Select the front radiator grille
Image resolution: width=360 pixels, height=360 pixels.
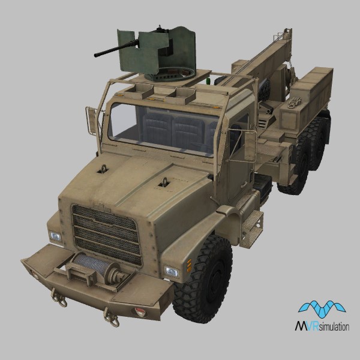coord(107,234)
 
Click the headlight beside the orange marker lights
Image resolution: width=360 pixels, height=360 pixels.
coord(172,272)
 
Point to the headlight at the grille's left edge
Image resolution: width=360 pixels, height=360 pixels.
coord(55,236)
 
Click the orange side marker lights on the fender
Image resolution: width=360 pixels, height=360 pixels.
coord(190,265)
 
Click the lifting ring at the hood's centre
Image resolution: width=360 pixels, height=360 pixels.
coord(164,182)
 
